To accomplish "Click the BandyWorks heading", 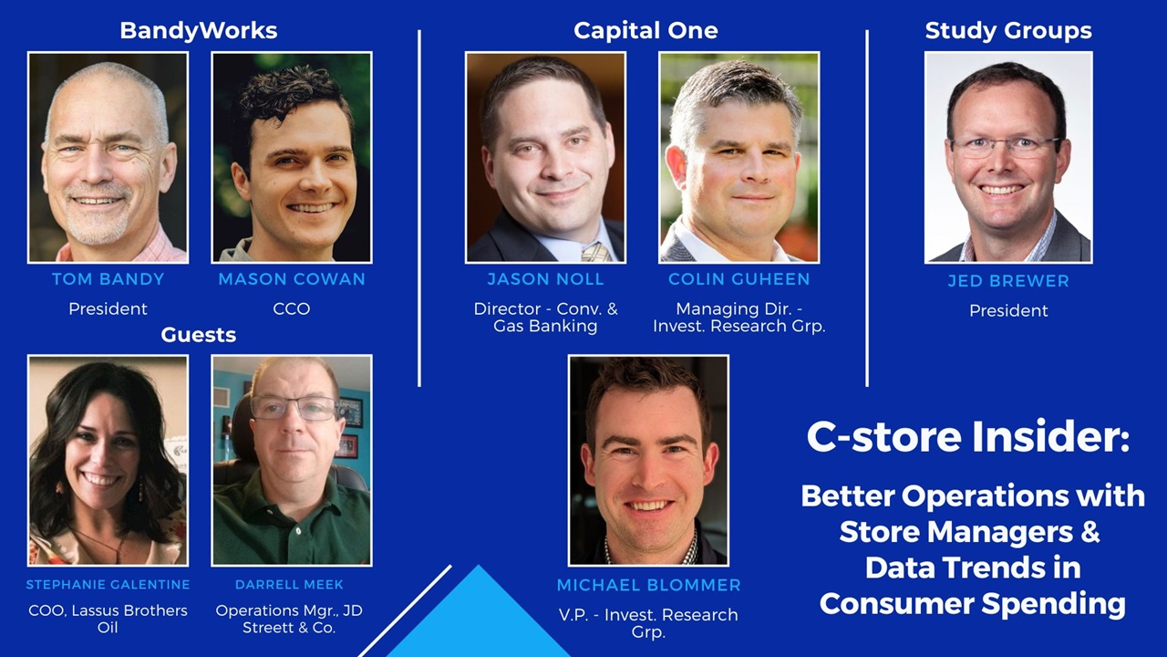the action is pyautogui.click(x=199, y=30).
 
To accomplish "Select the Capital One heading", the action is pyautogui.click(x=645, y=30).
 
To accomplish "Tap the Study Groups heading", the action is pyautogui.click(x=1008, y=30).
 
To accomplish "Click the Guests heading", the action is pyautogui.click(x=199, y=335).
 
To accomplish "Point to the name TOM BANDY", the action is pyautogui.click(x=108, y=279).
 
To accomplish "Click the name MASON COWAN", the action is pyautogui.click(x=292, y=279).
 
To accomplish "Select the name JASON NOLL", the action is pyautogui.click(x=545, y=279).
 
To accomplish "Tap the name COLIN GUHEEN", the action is pyautogui.click(x=738, y=279).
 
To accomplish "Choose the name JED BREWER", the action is pyautogui.click(x=1008, y=281).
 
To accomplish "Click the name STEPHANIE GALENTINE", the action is pyautogui.click(x=108, y=585).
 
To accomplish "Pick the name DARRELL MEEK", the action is pyautogui.click(x=289, y=585).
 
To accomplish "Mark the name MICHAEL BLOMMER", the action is pyautogui.click(x=648, y=585).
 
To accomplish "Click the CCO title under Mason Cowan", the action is pyautogui.click(x=292, y=308).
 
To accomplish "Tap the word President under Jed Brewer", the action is pyautogui.click(x=1008, y=311).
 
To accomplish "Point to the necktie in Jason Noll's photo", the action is pyautogui.click(x=597, y=253).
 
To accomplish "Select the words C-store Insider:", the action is pyautogui.click(x=968, y=436).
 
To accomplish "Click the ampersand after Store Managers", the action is pyautogui.click(x=1090, y=531).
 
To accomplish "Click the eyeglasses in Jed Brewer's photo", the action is pyautogui.click(x=1007, y=148).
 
